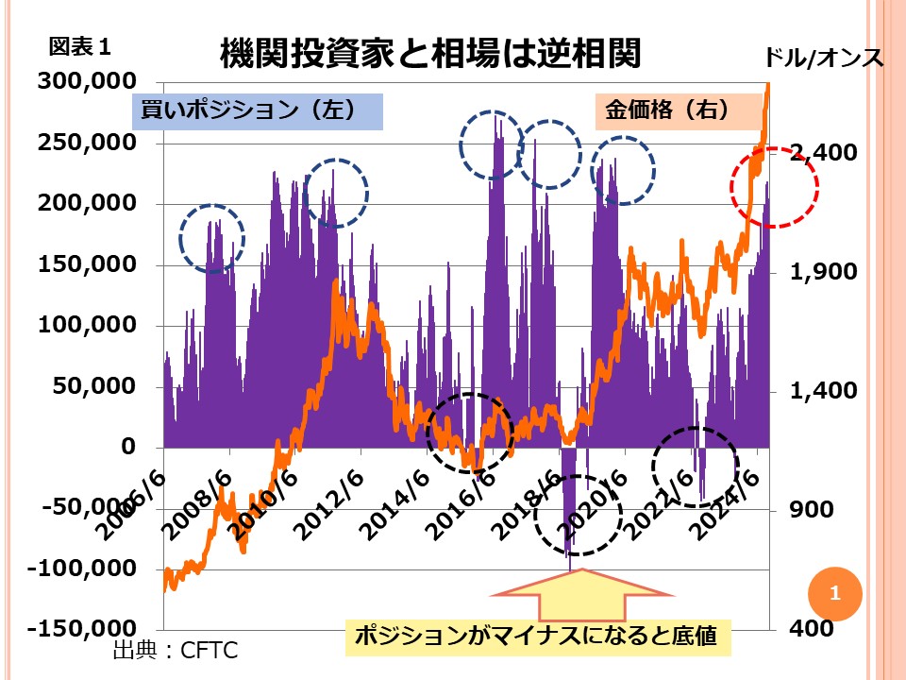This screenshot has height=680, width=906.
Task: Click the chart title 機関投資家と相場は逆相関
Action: pos(429,54)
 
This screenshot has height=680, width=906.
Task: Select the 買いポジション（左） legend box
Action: pos(255,110)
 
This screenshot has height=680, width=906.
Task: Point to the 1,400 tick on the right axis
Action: pos(807,391)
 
